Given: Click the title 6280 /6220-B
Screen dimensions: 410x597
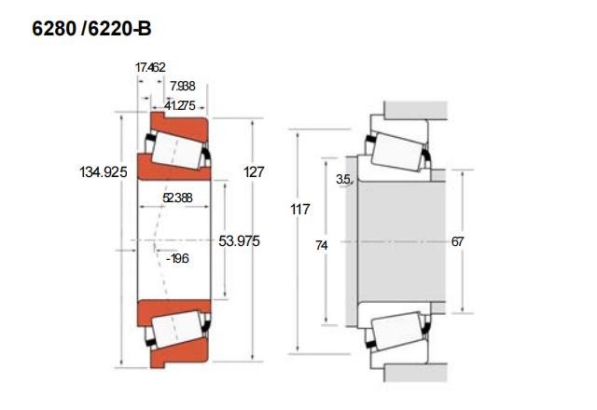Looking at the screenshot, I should coord(90,30).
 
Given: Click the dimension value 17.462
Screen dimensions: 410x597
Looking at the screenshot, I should coord(150,67).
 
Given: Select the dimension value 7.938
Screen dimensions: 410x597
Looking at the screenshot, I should coord(183,87).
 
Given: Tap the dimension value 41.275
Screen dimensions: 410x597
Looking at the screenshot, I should coord(180,105).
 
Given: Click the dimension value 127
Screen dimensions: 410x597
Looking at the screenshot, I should coord(254,171).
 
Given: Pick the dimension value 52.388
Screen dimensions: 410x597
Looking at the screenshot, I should coord(177,198).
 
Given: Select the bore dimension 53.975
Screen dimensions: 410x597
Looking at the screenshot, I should coord(239,240).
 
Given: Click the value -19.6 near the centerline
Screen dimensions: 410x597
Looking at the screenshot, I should coord(176,258).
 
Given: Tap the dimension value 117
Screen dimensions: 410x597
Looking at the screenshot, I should coord(299,210).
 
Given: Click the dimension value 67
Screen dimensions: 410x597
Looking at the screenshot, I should coord(457,241).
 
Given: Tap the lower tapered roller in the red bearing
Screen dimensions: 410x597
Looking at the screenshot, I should coord(176,330).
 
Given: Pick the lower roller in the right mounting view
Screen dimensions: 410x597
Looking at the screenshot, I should coord(397,331).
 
